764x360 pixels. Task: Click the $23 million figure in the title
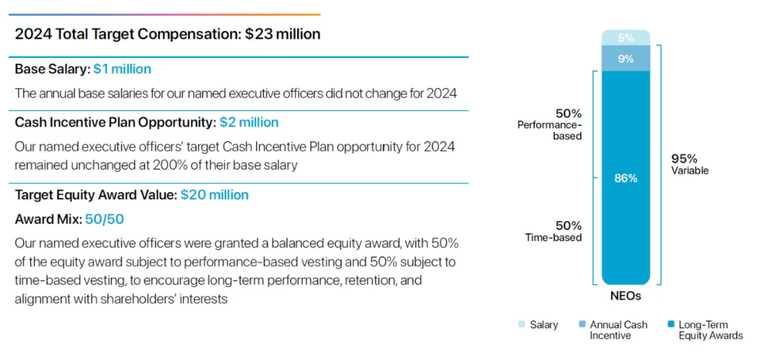282,34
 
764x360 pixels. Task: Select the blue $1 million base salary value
122,69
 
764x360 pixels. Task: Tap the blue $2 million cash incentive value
249,122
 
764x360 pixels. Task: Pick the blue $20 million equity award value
214,194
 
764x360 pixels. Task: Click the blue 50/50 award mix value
105,219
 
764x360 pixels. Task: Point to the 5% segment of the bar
625,38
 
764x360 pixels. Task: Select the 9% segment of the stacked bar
625,59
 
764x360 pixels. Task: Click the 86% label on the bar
625,178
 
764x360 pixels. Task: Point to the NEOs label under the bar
625,296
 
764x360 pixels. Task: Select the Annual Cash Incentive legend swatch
581,325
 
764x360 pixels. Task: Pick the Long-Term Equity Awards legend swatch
670,325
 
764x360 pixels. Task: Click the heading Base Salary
52,69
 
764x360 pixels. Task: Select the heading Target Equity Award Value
95,194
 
